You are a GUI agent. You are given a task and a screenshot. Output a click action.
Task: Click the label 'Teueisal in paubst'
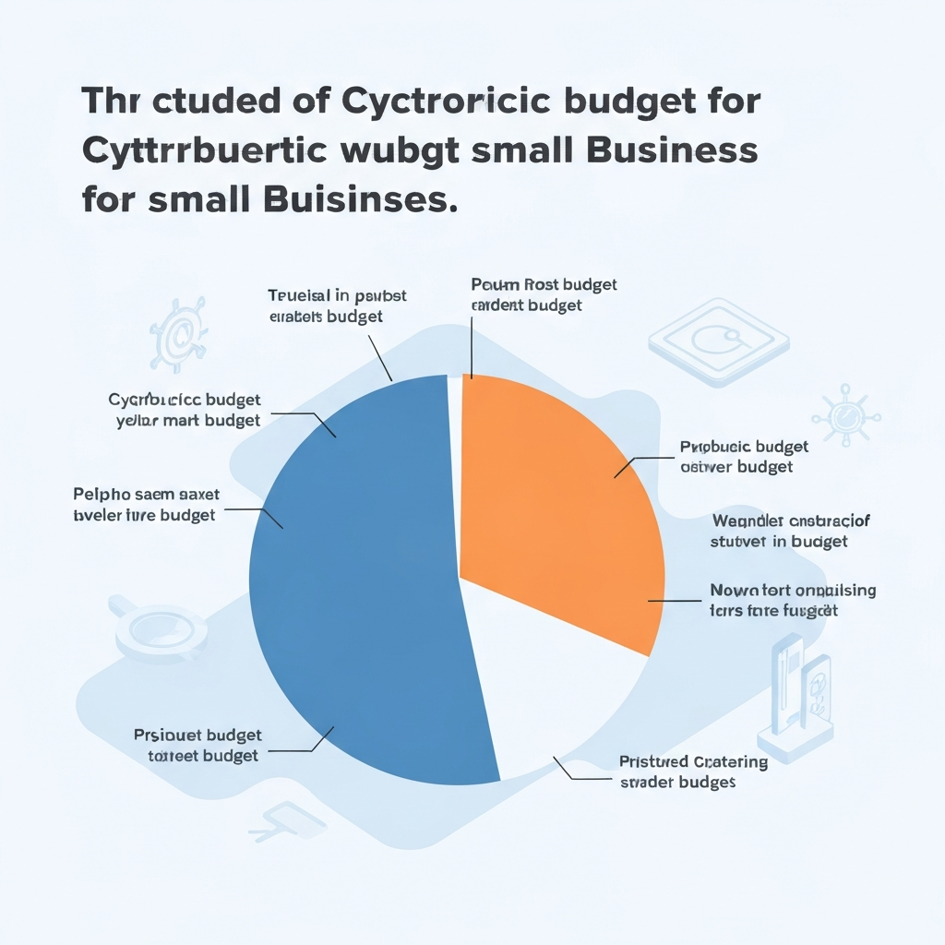[337, 295]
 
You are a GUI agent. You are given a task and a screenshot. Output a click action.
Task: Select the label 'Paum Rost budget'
[544, 284]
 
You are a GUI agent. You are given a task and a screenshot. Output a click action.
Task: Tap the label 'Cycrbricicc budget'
[185, 400]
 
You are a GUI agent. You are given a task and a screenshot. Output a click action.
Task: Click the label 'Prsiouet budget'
[197, 736]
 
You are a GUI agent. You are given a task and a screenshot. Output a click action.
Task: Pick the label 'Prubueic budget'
[744, 447]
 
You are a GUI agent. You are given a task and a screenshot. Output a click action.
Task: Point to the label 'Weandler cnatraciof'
[791, 521]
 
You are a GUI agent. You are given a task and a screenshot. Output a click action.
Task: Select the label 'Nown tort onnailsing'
[793, 590]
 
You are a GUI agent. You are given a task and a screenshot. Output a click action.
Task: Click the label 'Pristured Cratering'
[693, 761]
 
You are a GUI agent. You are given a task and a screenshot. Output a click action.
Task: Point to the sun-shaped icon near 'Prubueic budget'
[845, 414]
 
